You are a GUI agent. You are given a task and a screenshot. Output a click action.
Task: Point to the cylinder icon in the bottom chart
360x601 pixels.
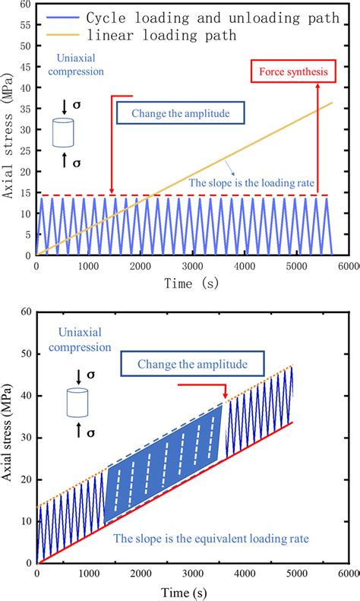(x=77, y=402)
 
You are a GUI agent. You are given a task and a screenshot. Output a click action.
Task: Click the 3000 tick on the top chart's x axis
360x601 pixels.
(x=191, y=267)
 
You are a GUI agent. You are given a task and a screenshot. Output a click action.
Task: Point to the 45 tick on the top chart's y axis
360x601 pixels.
(x=25, y=68)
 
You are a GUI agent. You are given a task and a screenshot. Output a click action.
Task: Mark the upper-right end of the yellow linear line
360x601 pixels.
(x=332, y=103)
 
